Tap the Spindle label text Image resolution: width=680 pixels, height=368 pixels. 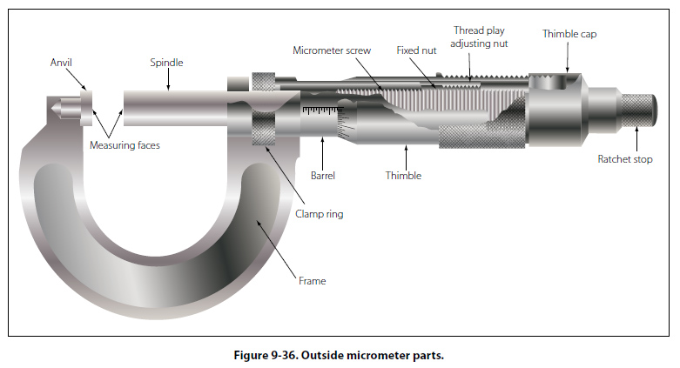167,63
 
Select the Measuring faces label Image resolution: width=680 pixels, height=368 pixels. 125,145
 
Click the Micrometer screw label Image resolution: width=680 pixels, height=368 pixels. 331,50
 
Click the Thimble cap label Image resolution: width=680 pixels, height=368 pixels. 569,34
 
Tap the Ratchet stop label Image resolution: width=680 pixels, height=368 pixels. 624,159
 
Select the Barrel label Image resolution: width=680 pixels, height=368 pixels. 322,176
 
